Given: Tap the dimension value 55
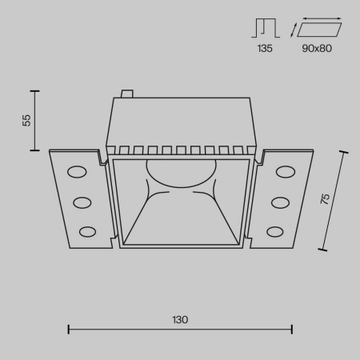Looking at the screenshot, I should pos(26,120).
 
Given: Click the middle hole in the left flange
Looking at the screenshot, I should pos(82,202).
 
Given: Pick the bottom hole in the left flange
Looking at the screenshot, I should pos(86,231).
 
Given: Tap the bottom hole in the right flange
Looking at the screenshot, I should pos(274,231).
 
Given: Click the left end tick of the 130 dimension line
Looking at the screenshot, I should pos(68,328).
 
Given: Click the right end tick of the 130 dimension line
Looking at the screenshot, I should pos(292,328).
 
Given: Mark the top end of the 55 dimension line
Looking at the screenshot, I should pos(35,89).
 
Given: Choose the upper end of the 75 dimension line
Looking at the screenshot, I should pos(346,150).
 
